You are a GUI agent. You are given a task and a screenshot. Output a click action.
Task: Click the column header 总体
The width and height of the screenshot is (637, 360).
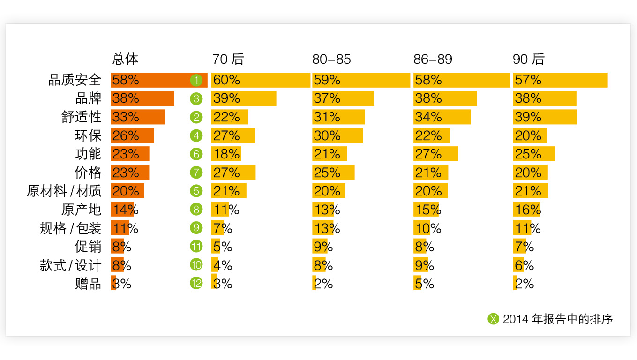pos(125,59)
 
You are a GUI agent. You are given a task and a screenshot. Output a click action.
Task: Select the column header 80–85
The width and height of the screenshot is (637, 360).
pos(331,60)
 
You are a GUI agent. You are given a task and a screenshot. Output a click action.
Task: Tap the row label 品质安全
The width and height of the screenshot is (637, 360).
pos(75,80)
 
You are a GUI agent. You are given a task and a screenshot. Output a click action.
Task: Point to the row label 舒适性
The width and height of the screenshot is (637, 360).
pos(81,117)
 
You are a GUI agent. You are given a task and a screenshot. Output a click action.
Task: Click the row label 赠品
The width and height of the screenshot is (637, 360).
pos(88,284)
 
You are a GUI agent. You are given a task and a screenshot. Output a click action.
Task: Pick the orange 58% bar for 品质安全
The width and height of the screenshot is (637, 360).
pos(159,80)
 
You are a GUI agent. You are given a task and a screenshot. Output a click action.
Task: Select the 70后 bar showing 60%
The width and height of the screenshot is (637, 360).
pos(261,80)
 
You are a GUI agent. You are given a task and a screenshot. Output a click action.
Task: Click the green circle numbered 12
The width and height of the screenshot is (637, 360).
pos(196,283)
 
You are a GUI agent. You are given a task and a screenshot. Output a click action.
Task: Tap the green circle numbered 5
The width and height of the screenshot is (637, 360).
pos(196,191)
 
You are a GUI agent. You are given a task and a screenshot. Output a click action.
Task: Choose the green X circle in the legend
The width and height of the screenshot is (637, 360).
pos(494,319)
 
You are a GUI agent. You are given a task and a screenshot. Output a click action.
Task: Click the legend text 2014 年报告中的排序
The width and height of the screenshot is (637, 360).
pos(558,319)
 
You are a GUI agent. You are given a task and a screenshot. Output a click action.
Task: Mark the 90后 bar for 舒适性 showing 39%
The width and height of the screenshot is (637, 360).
pos(545,117)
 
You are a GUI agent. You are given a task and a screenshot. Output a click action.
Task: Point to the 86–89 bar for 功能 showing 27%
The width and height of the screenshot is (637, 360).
pos(435,154)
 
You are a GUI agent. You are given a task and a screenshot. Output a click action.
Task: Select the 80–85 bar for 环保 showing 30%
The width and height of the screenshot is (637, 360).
pos(337,135)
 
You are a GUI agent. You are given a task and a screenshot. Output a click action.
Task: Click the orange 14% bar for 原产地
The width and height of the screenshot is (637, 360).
pos(122,209)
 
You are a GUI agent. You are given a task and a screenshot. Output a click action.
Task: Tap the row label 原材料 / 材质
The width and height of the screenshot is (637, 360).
pos(64,191)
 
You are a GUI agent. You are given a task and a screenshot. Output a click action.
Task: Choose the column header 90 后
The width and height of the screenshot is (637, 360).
pos(528,59)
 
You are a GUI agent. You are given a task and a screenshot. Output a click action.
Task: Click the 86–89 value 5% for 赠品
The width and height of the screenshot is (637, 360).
pos(424,284)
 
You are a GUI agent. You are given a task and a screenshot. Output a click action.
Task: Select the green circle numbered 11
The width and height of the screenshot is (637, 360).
pos(196,246)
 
